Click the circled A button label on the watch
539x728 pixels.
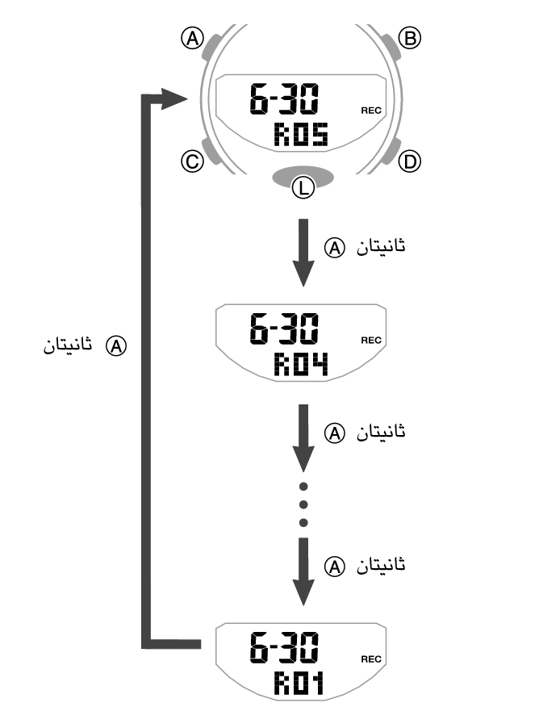(192, 38)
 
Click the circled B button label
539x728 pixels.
(411, 37)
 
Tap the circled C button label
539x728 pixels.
(192, 161)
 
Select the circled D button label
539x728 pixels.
(411, 161)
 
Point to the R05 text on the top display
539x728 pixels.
(300, 134)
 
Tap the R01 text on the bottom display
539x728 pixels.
(299, 685)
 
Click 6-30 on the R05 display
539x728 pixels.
(283, 101)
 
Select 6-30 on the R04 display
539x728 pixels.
(283, 331)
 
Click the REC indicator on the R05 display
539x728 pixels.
(371, 111)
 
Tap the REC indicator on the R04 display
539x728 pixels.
(371, 340)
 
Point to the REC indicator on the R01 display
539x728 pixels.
(371, 659)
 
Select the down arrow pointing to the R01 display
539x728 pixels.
(303, 573)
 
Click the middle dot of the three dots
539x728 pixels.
(303, 504)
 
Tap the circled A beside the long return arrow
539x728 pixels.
(118, 346)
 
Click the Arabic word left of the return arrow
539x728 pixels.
(68, 346)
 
